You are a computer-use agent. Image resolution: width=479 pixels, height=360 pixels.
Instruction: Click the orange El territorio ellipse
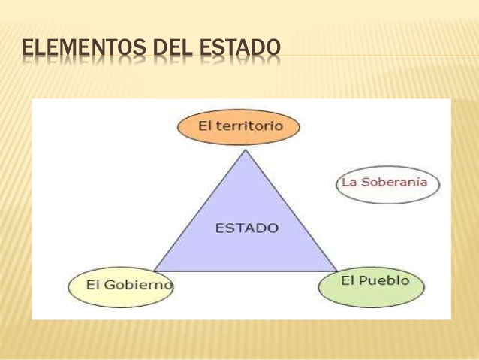pyautogui.click(x=239, y=126)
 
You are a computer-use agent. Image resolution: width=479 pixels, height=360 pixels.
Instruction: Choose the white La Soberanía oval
pyautogui.click(x=387, y=183)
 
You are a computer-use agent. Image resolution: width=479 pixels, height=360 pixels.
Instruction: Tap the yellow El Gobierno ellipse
pyautogui.click(x=120, y=286)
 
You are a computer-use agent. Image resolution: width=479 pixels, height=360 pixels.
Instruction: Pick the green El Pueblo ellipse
pyautogui.click(x=372, y=284)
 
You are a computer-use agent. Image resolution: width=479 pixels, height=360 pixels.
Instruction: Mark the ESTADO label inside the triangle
pyautogui.click(x=246, y=228)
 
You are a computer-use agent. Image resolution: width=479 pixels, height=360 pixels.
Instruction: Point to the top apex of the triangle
pyautogui.click(x=246, y=150)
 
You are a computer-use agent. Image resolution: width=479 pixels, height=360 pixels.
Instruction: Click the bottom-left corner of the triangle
pyautogui.click(x=154, y=271)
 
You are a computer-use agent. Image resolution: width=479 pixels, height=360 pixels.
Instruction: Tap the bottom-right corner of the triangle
pyautogui.click(x=336, y=271)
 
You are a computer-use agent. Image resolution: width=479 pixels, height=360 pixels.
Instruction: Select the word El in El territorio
pyautogui.click(x=205, y=126)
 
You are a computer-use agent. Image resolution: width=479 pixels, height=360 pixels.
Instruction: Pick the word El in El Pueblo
pyautogui.click(x=347, y=280)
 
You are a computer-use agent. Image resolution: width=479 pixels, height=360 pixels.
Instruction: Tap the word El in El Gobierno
pyautogui.click(x=93, y=285)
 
